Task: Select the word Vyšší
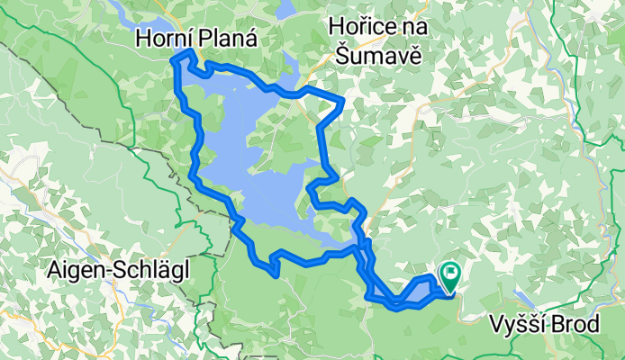pyautogui.click(x=520, y=323)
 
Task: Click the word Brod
pyautogui.click(x=575, y=323)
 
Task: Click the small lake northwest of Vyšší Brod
pyautogui.click(x=525, y=298)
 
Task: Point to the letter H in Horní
pyautogui.click(x=145, y=39)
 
